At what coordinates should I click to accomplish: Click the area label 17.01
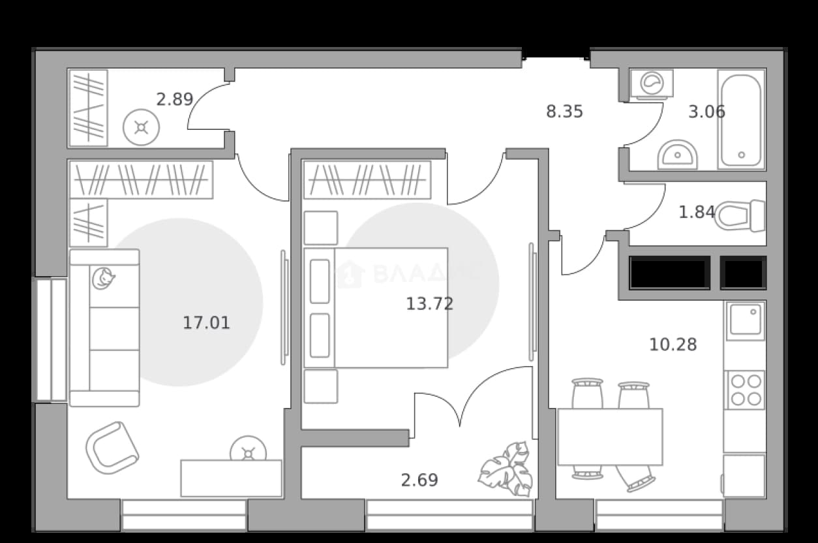coord(206,322)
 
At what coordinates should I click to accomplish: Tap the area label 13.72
coord(430,303)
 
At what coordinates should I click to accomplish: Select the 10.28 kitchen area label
coord(673,345)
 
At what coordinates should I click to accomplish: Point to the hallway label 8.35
coord(564,112)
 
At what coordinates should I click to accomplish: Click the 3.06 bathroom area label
coord(706,112)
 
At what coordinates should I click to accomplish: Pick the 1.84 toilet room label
coord(697,212)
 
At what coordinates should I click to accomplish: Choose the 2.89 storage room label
coord(175,99)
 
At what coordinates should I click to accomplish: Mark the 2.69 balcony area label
coord(419,480)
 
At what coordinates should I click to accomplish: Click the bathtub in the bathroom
coord(741,119)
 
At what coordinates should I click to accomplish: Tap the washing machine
coord(652,84)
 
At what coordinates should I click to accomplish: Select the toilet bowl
coord(740,215)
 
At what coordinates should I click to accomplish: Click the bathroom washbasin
coord(677,155)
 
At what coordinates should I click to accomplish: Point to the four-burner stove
coord(744,390)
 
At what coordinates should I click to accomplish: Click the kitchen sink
coord(745,321)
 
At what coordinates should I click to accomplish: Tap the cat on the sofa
coord(103,279)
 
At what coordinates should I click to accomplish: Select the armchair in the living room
coord(112,448)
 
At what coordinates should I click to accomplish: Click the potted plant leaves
coord(506,469)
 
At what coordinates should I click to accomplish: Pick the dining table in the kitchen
coord(610,437)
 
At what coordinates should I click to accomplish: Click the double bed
coord(376,307)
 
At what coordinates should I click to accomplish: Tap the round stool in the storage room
coord(142,127)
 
